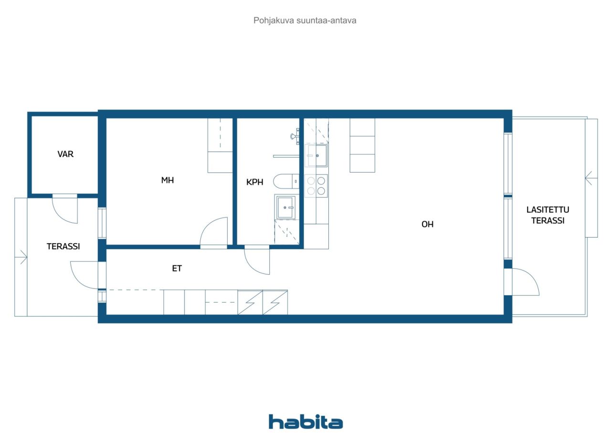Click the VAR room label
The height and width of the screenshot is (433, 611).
tap(65, 154)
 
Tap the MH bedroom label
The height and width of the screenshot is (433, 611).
tap(168, 180)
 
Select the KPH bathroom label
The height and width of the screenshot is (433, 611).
tap(255, 182)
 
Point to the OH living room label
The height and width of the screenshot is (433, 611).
tap(427, 224)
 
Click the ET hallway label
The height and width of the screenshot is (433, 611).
tap(177, 269)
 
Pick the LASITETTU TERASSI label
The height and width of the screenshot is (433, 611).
tap(548, 215)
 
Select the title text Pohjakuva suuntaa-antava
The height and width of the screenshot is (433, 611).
tap(305, 21)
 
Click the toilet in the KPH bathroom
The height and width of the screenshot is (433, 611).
tap(286, 181)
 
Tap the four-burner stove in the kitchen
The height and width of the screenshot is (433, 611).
tap(316, 185)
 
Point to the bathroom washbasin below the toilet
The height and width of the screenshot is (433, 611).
tap(285, 207)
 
